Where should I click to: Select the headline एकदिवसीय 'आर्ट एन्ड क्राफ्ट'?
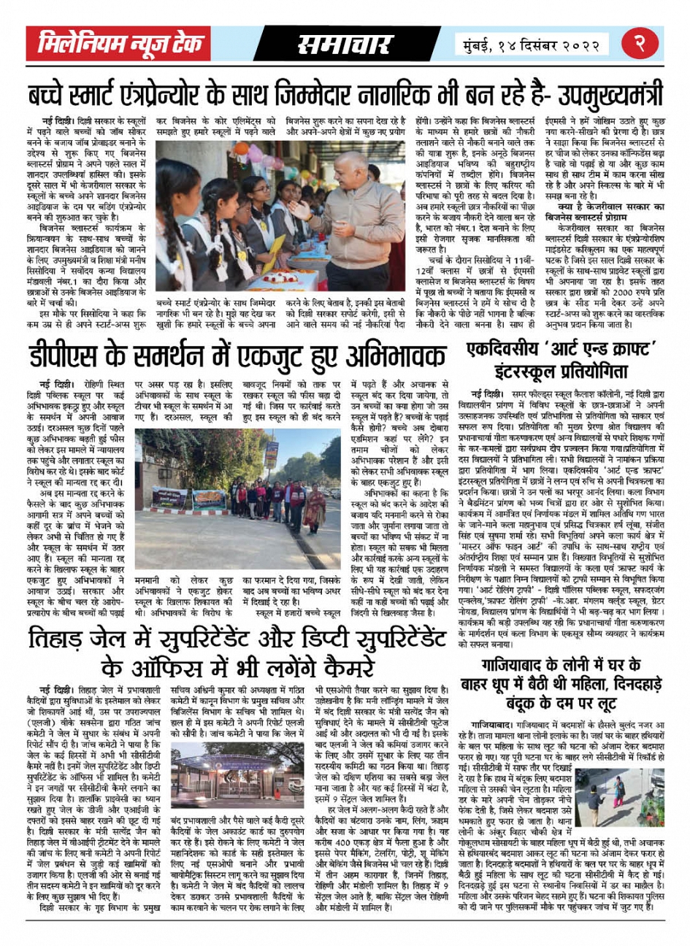coord(561,349)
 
